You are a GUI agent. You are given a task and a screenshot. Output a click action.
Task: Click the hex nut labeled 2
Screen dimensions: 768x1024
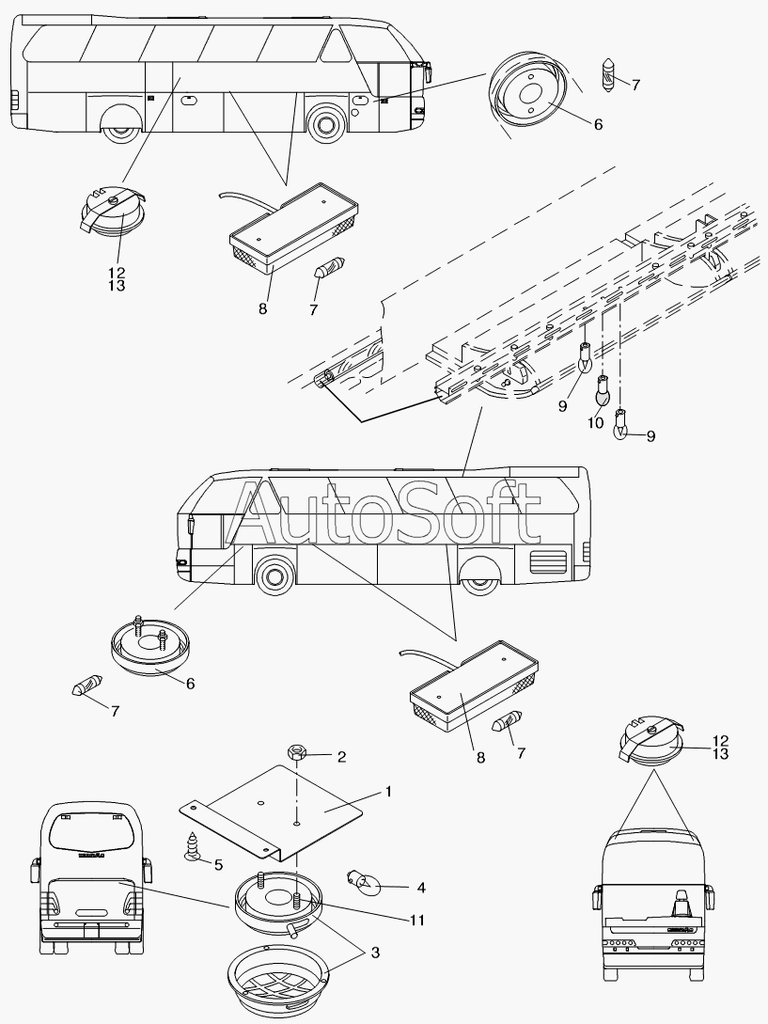(x=296, y=753)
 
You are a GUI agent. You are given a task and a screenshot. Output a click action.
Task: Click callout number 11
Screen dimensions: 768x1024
(x=417, y=921)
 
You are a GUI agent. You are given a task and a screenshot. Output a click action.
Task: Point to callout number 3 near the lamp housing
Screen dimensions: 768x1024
(x=375, y=953)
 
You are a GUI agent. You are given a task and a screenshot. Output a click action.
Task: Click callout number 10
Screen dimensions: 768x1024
(x=596, y=422)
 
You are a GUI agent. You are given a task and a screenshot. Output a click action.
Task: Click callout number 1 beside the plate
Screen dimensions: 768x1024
(x=388, y=792)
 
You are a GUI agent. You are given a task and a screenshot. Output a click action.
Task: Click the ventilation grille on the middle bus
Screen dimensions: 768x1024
(x=548, y=560)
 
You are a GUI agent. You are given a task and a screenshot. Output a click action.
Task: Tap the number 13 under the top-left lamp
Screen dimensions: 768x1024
(x=117, y=286)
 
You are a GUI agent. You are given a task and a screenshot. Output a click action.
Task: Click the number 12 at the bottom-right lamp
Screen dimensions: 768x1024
(x=720, y=741)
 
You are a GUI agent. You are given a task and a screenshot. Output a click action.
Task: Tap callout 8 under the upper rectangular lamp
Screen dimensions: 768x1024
(x=262, y=308)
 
